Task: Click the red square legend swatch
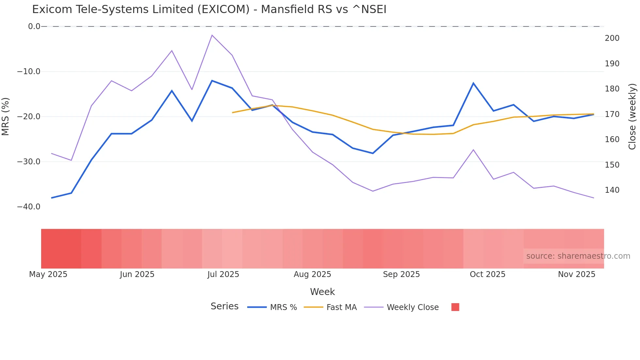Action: [455, 307]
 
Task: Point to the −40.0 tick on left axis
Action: [29, 207]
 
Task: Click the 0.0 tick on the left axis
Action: [34, 26]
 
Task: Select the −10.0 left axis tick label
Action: [29, 72]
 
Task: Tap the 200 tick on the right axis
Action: [612, 38]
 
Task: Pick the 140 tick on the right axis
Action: [612, 190]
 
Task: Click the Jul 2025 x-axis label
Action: [223, 274]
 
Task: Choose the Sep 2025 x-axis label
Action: [401, 274]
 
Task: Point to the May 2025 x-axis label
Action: [48, 274]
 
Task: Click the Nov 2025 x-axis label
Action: [577, 274]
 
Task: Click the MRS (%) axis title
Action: [6, 117]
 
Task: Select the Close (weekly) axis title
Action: [632, 117]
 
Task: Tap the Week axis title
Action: [322, 292]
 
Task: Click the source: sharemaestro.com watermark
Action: [578, 256]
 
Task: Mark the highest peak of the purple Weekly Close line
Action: [212, 35]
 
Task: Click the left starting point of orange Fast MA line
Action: [232, 113]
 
